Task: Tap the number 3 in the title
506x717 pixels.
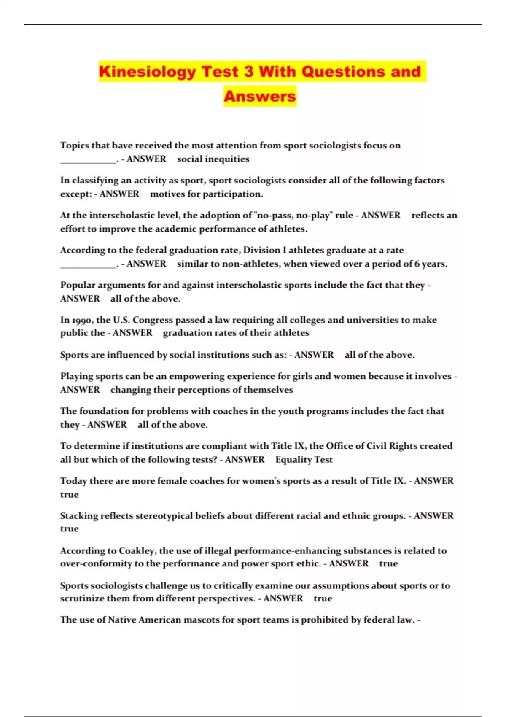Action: coord(248,71)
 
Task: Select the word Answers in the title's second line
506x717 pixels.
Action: coord(260,96)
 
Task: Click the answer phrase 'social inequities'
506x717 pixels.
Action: coord(213,159)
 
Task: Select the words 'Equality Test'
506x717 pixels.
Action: coord(304,460)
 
